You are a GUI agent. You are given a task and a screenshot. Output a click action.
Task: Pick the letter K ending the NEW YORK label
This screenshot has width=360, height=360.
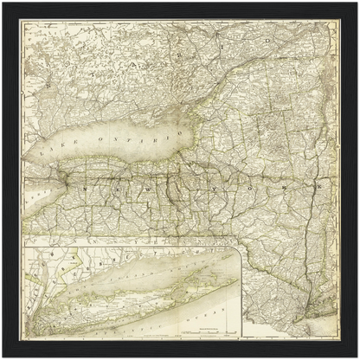[x=319, y=185]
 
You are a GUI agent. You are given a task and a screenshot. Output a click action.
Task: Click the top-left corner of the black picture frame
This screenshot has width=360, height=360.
[x=3, y=3]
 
